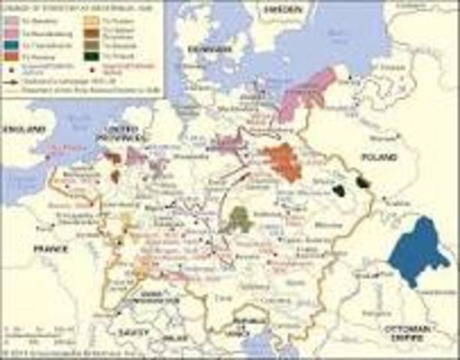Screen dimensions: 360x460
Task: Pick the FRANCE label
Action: click(x=49, y=248)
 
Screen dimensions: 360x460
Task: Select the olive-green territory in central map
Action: click(x=240, y=219)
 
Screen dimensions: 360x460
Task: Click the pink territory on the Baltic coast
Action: click(x=306, y=94)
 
